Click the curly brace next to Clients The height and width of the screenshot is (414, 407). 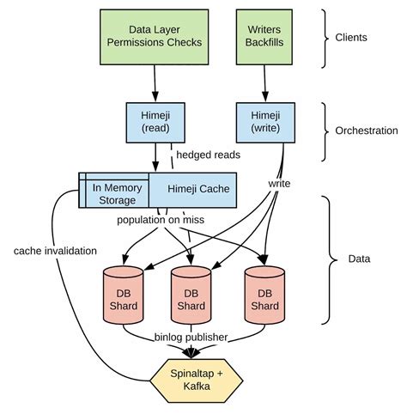[x=325, y=38]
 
